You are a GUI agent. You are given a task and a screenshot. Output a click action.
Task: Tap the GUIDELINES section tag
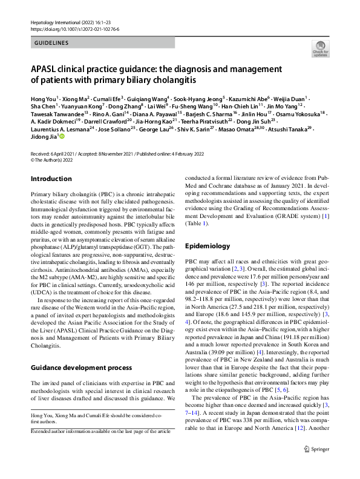click(51, 43)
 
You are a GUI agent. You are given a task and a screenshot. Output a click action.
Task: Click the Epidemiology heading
click(208, 246)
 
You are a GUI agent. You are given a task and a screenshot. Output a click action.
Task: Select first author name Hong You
click(43, 98)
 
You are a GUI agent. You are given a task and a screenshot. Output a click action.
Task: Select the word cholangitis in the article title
click(172, 79)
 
